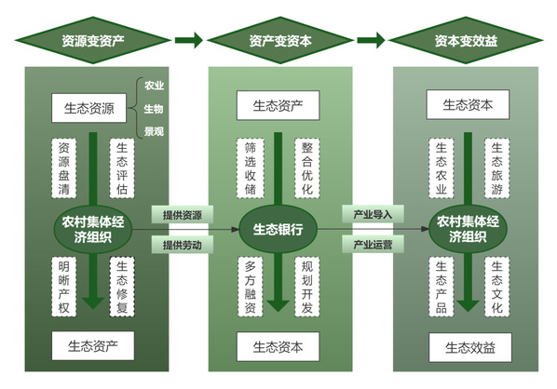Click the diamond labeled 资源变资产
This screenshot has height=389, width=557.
[93, 40]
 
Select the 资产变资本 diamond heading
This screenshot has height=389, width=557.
[280, 40]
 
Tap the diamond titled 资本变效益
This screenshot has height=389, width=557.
[466, 40]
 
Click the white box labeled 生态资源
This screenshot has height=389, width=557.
[88, 108]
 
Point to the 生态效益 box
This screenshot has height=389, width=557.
[470, 347]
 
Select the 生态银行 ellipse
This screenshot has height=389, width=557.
[278, 229]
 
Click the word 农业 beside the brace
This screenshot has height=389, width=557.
[154, 86]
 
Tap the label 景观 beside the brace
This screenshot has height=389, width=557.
[154, 131]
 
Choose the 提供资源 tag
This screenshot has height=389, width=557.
[183, 215]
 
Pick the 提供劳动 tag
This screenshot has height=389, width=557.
[183, 245]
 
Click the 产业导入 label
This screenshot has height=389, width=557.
[373, 214]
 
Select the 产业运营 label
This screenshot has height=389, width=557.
[373, 244]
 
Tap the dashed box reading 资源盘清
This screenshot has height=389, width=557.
[64, 168]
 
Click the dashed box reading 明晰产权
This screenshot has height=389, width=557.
[64, 287]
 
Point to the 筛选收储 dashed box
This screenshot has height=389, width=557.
[250, 168]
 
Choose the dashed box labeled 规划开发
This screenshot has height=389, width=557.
[307, 287]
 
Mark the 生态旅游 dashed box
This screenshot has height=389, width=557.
[497, 168]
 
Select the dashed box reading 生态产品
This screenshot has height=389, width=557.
[442, 287]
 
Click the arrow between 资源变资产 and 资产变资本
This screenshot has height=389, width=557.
[189, 40]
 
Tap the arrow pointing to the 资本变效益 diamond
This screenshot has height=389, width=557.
[372, 40]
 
